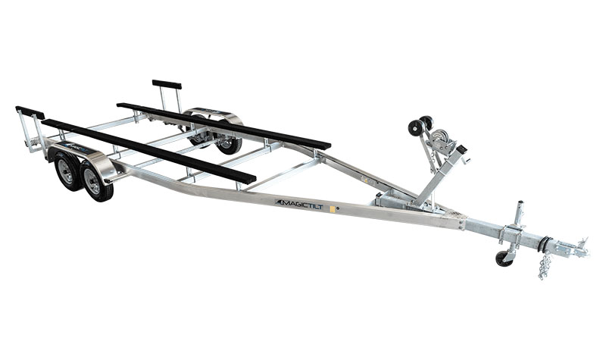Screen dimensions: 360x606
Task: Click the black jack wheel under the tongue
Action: (504, 258)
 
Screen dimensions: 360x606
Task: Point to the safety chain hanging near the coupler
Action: (544, 265)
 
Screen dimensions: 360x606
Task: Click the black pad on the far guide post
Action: (167, 84)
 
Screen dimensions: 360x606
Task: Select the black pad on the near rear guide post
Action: (29, 111)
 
